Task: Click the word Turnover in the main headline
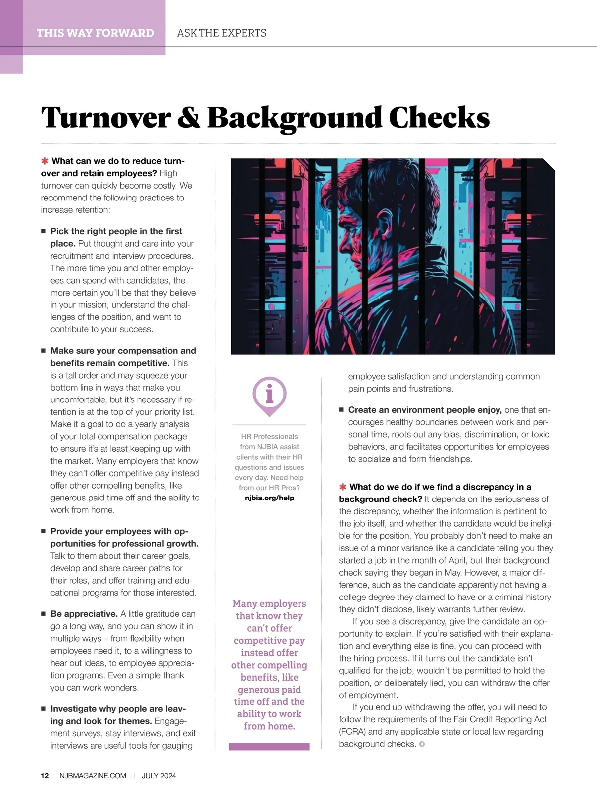(x=105, y=118)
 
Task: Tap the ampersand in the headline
(x=189, y=118)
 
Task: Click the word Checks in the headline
(x=439, y=118)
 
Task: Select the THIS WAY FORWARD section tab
(x=95, y=33)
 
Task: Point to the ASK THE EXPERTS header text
(x=221, y=33)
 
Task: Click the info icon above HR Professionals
(x=269, y=395)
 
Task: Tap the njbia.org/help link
(x=269, y=498)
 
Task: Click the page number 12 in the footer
(x=45, y=776)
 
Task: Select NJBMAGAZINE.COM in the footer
(x=93, y=776)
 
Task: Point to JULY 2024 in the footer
(x=159, y=776)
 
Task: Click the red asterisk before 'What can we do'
(x=45, y=161)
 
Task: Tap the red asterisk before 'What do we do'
(x=343, y=487)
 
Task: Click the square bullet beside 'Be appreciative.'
(x=43, y=614)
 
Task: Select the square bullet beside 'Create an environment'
(x=342, y=410)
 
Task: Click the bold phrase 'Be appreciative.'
(x=84, y=614)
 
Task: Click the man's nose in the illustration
(x=341, y=243)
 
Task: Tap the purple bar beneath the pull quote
(x=269, y=747)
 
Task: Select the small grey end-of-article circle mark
(x=422, y=744)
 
